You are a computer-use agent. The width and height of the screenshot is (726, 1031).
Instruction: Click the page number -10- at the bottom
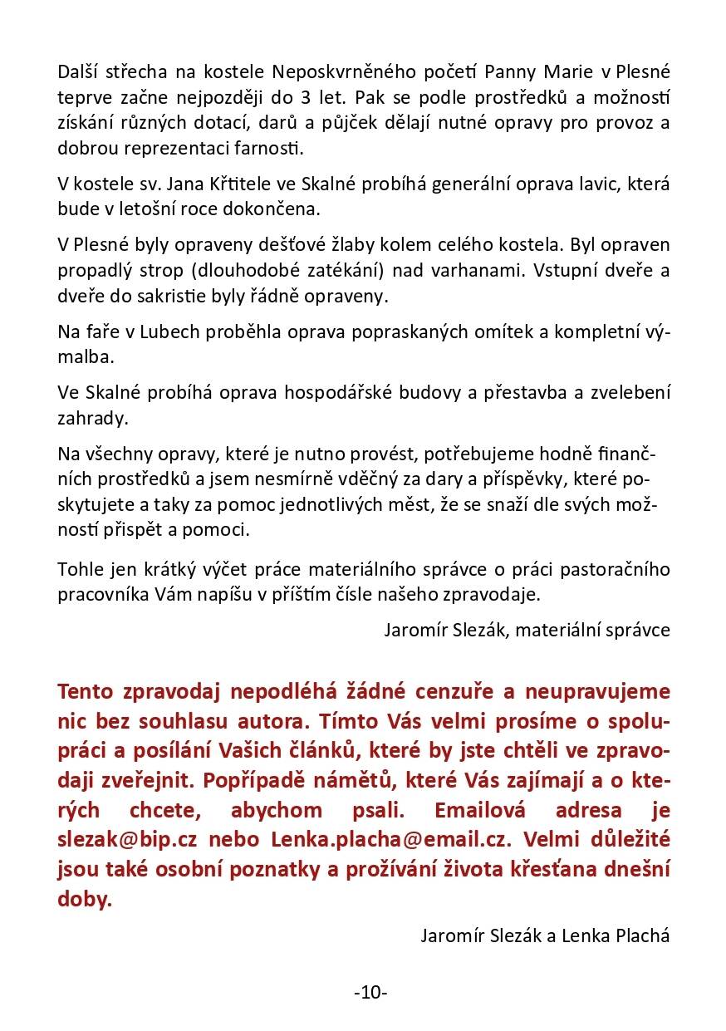[370, 992]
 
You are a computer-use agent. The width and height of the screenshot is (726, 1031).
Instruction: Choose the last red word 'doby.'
[84, 900]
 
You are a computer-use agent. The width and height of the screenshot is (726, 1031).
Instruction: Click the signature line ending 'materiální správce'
[527, 629]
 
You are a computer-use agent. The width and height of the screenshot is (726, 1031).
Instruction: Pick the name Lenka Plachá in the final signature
[616, 936]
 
